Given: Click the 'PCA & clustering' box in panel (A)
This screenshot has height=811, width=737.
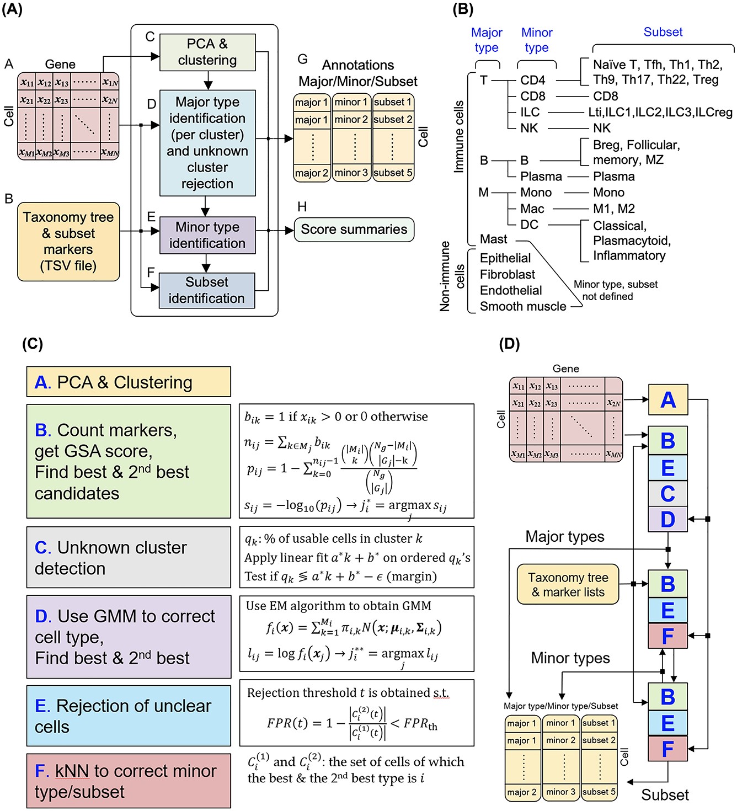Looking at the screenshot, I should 207,52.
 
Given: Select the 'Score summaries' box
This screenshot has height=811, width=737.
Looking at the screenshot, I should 354,230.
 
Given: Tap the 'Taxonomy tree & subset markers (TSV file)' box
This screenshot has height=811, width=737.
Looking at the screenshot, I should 68,242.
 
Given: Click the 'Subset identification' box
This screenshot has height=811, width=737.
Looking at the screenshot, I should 207,290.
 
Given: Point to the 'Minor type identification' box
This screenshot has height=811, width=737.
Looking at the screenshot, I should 207,235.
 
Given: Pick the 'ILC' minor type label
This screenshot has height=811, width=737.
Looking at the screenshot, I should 530,113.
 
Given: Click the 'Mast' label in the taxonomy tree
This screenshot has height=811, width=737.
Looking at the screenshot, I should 493,239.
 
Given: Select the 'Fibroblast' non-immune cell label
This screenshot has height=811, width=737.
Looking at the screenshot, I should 507,274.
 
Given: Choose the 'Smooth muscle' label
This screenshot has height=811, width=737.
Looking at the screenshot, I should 522,307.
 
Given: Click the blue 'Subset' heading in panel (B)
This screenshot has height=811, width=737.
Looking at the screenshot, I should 663,32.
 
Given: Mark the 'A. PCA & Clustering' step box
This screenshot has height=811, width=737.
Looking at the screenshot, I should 129,382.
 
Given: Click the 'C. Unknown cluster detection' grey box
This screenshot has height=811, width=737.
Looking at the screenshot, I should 129,557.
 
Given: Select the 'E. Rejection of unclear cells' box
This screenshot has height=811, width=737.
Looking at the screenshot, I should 129,716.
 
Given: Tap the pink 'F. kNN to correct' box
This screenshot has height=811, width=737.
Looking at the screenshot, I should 129,781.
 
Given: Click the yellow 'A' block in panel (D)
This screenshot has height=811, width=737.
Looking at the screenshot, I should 667,399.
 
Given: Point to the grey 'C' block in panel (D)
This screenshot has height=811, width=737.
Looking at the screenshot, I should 667,493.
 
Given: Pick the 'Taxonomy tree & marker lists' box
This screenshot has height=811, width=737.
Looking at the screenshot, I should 568,584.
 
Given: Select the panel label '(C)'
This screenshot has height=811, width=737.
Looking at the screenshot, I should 32,344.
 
